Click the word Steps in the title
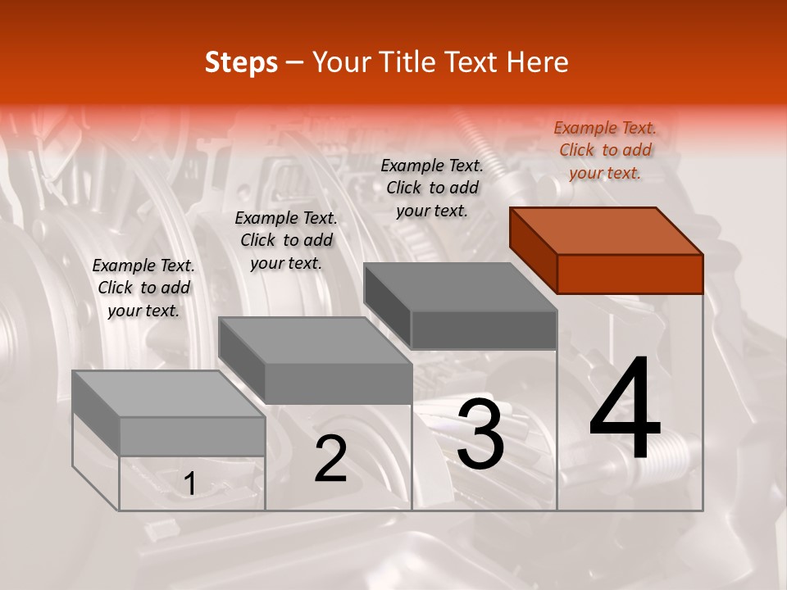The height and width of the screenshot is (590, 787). pos(241,62)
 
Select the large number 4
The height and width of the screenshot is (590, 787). pos(625,410)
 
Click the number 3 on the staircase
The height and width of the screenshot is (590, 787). pos(480,433)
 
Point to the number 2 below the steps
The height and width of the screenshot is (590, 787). pos(331,459)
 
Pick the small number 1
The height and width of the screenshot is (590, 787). pos(190,484)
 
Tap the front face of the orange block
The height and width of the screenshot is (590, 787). pos(630,274)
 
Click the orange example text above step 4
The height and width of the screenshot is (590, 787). pos(605,150)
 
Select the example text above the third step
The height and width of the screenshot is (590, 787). pos(432,188)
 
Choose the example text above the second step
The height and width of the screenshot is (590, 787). pos(286,240)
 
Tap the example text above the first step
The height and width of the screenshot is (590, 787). pos(143,288)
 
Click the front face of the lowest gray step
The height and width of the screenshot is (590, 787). pos(192,436)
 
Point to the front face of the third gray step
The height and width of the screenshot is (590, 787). pos(484,329)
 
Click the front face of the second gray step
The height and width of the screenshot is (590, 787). pos(338,383)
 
